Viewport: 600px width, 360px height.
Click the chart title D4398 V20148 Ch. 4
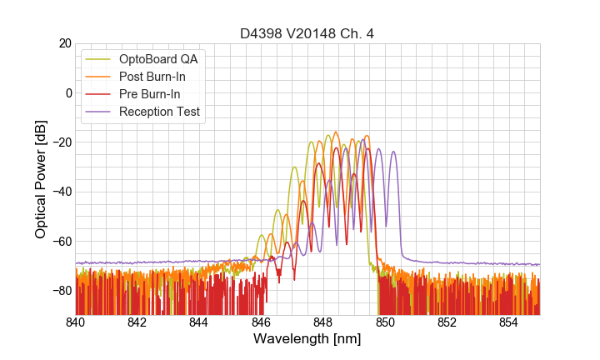pyautogui.click(x=307, y=33)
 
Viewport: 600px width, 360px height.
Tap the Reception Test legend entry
pyautogui.click(x=160, y=112)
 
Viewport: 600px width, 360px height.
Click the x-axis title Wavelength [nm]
pyautogui.click(x=307, y=339)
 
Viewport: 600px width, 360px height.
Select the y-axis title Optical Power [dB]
pyautogui.click(x=41, y=179)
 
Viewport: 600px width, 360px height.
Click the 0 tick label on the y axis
pyautogui.click(x=68, y=92)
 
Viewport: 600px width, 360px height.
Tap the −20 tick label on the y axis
pyautogui.click(x=62, y=142)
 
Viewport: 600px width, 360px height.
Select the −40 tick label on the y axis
pyautogui.click(x=62, y=192)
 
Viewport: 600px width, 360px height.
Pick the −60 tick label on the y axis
pyautogui.click(x=62, y=241)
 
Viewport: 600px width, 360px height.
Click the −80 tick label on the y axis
pyautogui.click(x=62, y=290)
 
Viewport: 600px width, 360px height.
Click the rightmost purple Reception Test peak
pyautogui.click(x=393, y=152)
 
